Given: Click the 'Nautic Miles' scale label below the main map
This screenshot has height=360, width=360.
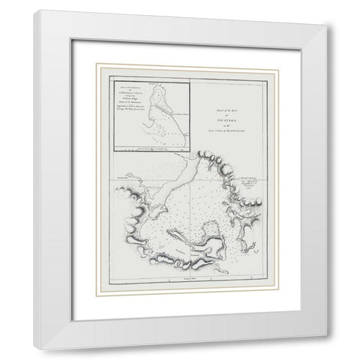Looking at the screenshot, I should tap(178, 278).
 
